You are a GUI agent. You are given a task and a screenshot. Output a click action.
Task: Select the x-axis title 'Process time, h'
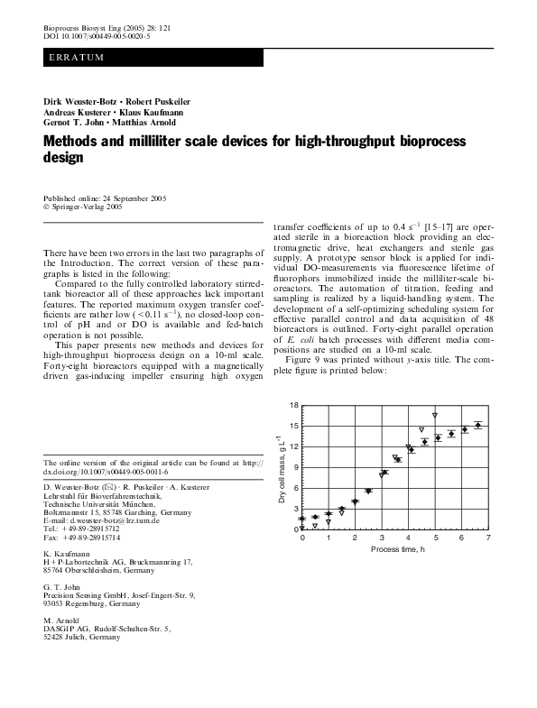click(x=395, y=548)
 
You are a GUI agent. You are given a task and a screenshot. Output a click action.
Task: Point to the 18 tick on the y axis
click(x=292, y=406)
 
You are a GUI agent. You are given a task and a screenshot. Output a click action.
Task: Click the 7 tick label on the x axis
click(x=488, y=538)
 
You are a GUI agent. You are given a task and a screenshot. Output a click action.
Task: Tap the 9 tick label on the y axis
click(x=294, y=467)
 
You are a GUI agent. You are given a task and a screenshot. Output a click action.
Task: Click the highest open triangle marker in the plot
click(x=435, y=415)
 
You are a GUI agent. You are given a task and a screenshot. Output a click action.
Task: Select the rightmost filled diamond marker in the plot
click(x=478, y=425)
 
